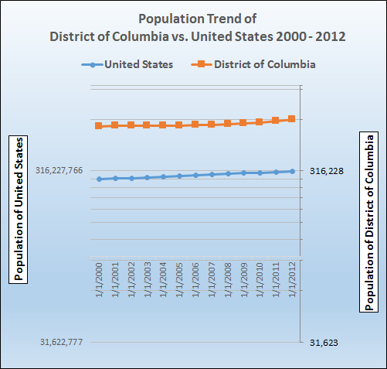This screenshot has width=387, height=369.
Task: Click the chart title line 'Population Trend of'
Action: point(193,18)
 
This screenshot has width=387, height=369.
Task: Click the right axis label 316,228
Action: point(326,171)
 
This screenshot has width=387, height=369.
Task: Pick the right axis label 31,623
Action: point(323,342)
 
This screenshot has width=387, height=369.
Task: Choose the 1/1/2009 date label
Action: point(244,282)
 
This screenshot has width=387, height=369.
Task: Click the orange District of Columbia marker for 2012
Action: point(292,118)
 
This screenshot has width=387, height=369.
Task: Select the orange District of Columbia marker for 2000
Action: point(99,125)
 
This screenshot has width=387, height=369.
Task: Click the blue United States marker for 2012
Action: point(292,171)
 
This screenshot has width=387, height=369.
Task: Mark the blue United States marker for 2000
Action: point(99,179)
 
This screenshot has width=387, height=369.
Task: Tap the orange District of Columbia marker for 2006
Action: point(195,124)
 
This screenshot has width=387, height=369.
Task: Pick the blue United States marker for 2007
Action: point(212,174)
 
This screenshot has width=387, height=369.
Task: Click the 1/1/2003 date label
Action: point(148,282)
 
